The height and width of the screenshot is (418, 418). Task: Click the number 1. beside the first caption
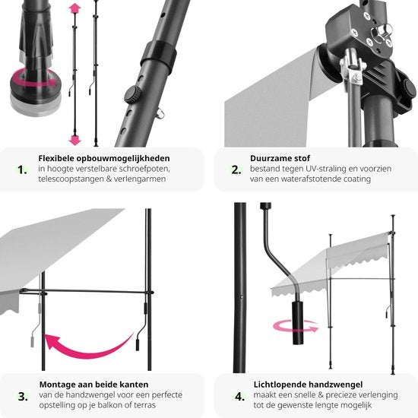click(x=22, y=169)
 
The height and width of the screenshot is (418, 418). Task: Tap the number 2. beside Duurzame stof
click(x=236, y=169)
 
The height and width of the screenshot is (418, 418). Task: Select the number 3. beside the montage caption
click(x=23, y=397)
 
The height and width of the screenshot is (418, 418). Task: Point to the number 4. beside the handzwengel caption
click(x=239, y=397)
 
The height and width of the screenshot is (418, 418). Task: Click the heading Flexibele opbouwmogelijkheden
click(x=104, y=158)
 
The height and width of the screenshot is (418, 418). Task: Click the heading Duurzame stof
click(x=280, y=158)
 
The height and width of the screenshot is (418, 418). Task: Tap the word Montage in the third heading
click(x=57, y=385)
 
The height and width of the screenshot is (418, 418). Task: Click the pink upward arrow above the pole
click(x=74, y=8)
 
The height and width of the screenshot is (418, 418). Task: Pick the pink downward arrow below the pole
click(x=74, y=140)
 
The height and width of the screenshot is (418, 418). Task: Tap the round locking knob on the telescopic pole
click(x=133, y=95)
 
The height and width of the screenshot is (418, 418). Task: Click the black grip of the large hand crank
click(x=298, y=322)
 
